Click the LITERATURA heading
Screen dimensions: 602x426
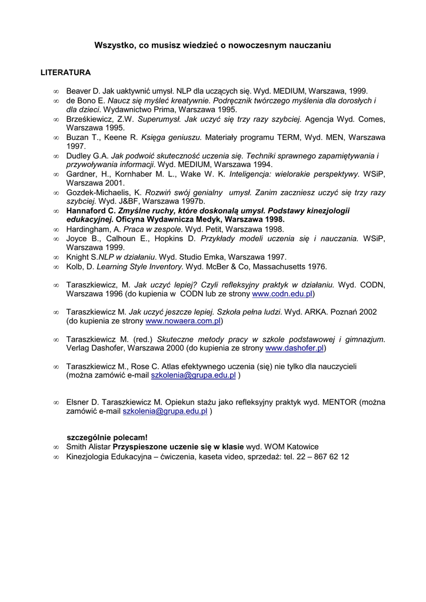(65, 73)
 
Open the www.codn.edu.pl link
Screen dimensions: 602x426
(282, 293)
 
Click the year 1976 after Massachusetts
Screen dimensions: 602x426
(317, 266)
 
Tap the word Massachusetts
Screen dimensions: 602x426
(276, 266)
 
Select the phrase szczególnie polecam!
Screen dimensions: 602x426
(107, 437)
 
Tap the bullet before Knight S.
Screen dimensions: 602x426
(56, 257)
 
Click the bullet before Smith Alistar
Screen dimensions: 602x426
(56, 447)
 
